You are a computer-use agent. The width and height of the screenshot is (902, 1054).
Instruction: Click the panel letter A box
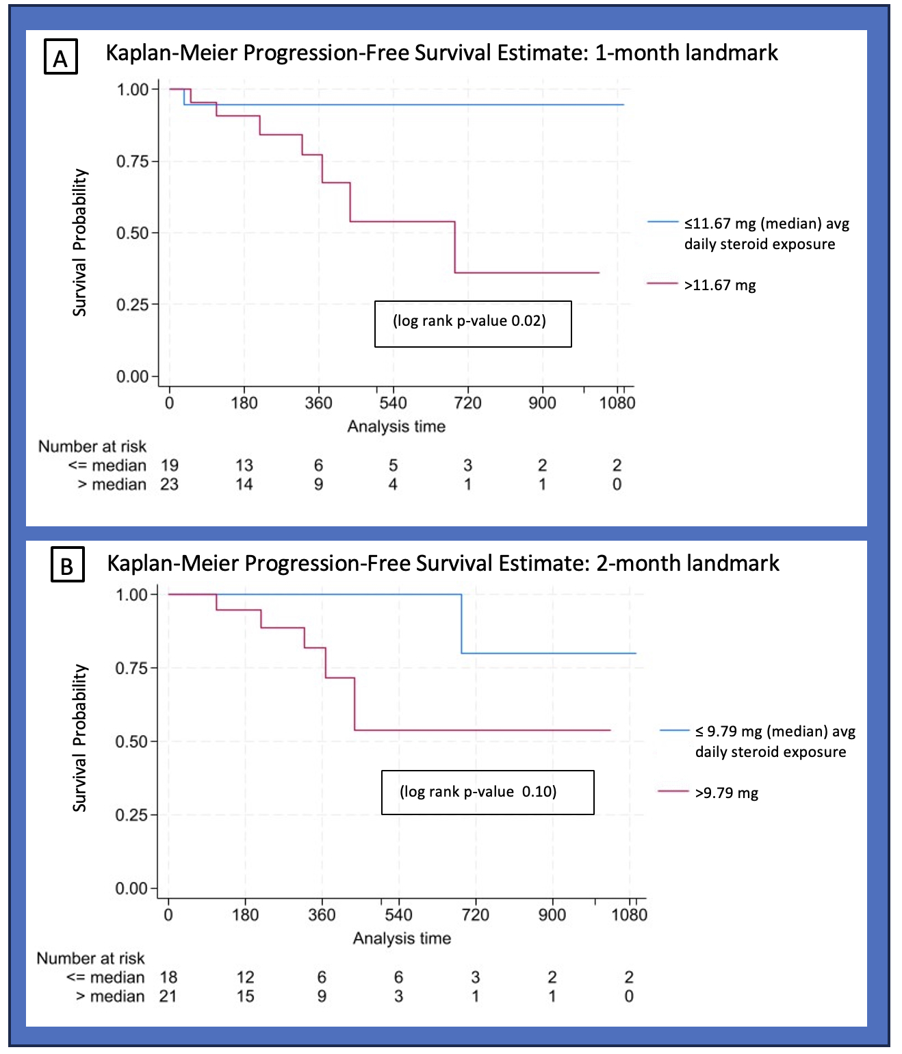coord(60,57)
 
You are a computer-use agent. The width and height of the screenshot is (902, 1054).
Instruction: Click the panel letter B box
coord(67,565)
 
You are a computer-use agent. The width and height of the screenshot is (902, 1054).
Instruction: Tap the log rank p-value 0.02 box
coord(472,323)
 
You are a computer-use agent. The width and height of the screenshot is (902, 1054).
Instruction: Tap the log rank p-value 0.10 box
coord(487,792)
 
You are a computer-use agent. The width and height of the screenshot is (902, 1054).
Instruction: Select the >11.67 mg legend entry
coord(719,285)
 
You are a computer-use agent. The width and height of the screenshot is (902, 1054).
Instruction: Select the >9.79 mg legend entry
coord(726,793)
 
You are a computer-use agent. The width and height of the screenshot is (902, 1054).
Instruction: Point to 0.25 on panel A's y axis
coord(132,305)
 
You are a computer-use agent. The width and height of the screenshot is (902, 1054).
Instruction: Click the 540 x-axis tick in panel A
coord(393,403)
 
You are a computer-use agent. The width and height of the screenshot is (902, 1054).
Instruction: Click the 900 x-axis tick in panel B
coord(552,915)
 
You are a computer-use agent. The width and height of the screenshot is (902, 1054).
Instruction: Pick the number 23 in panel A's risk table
coord(169,485)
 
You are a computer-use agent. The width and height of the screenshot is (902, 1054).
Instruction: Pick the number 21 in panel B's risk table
coord(168,997)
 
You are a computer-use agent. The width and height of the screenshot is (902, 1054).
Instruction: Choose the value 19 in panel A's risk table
coord(169,465)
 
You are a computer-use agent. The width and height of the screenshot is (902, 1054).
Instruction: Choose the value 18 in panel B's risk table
coord(168,977)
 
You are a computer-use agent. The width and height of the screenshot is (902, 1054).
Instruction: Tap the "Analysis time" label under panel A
coord(396,426)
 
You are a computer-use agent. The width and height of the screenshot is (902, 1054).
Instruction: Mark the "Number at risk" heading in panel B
coord(90,958)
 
